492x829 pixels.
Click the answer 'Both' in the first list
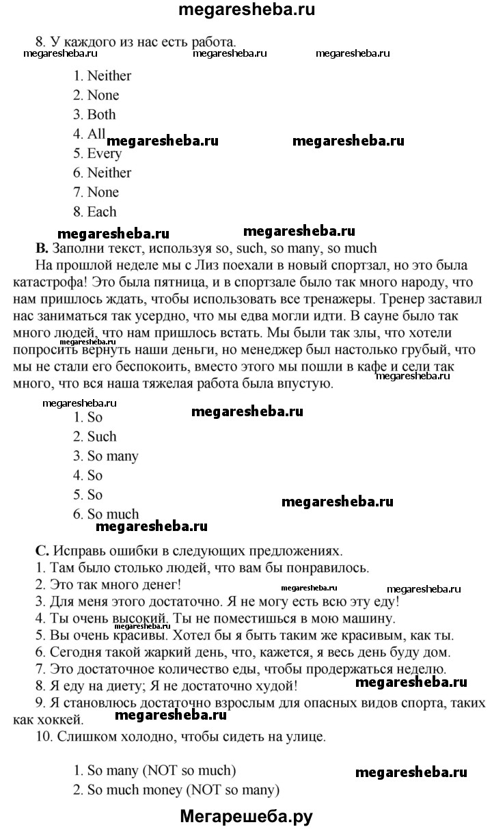(x=101, y=115)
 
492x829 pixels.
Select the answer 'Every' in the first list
(x=104, y=154)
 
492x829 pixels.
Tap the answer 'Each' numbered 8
(x=102, y=212)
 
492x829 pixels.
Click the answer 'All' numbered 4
(x=96, y=134)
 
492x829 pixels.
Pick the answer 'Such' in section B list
(x=102, y=437)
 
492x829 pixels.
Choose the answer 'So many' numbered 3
(x=113, y=456)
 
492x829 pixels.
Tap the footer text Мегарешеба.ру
(x=247, y=815)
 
